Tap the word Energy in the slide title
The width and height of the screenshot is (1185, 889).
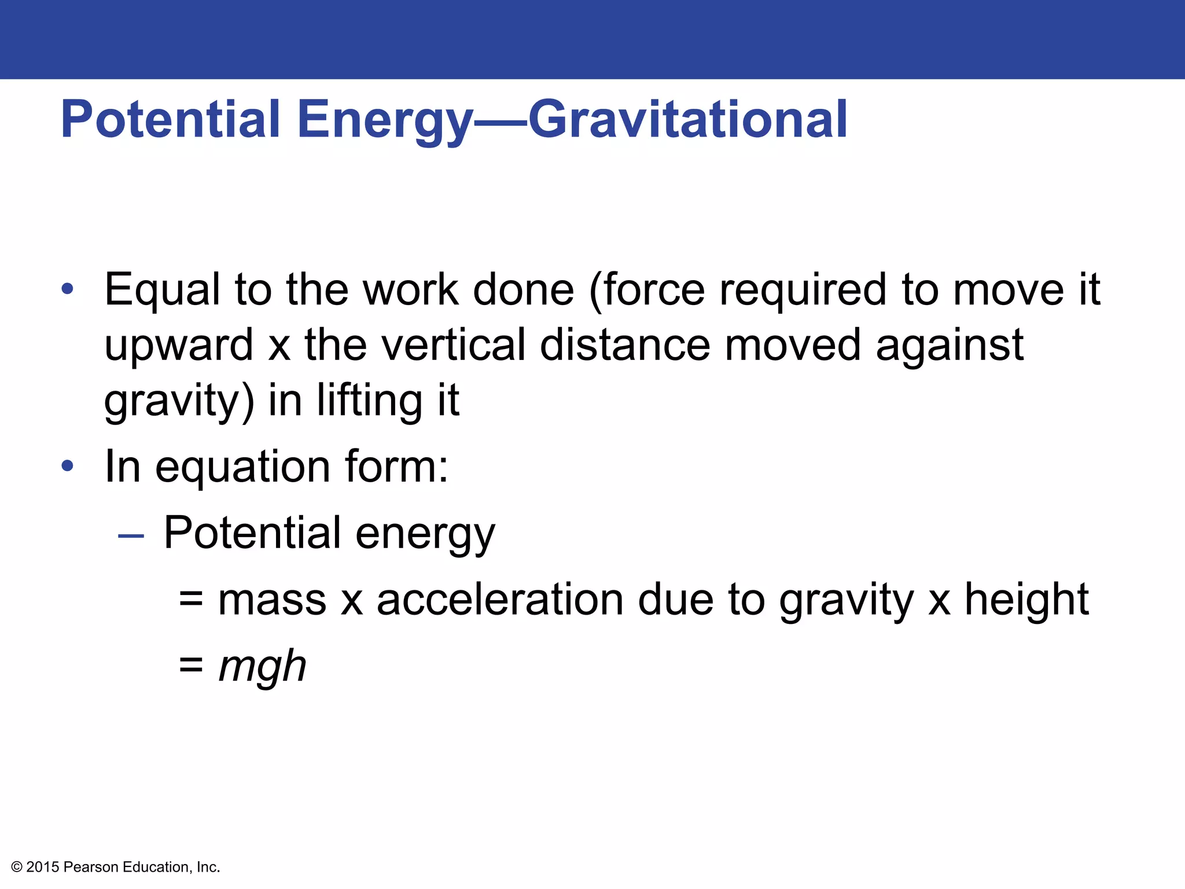click(384, 120)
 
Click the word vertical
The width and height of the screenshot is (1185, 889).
click(454, 345)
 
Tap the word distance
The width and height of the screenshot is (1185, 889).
click(625, 345)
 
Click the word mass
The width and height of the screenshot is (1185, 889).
click(272, 600)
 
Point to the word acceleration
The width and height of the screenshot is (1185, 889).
click(500, 600)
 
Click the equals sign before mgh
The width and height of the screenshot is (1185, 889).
click(191, 666)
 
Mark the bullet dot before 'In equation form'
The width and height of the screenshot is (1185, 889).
click(68, 465)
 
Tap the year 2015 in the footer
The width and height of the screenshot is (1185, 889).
click(43, 867)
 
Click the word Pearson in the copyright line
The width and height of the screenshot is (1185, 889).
click(91, 867)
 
